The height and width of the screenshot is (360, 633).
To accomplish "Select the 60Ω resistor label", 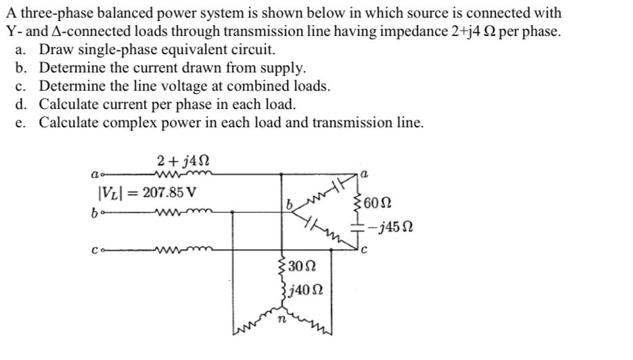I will point(378,202).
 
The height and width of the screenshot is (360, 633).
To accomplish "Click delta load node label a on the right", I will point(365,174).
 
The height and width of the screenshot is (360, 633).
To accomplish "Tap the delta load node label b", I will point(287,202).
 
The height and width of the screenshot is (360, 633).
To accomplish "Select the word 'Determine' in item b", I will point(72,68).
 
